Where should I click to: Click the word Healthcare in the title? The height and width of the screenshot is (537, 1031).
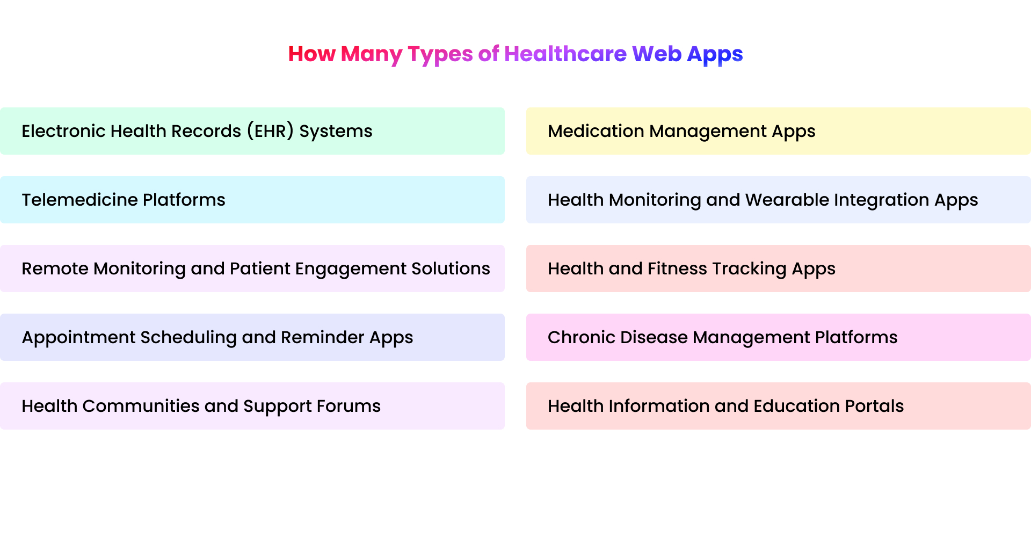tap(565, 54)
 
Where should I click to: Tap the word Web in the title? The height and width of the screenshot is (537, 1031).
tap(657, 54)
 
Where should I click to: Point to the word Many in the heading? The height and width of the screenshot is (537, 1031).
tap(372, 54)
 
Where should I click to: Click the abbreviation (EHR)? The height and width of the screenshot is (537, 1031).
tap(270, 131)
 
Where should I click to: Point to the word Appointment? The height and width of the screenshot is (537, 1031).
tap(78, 337)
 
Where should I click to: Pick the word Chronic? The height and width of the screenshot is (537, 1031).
tap(581, 337)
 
